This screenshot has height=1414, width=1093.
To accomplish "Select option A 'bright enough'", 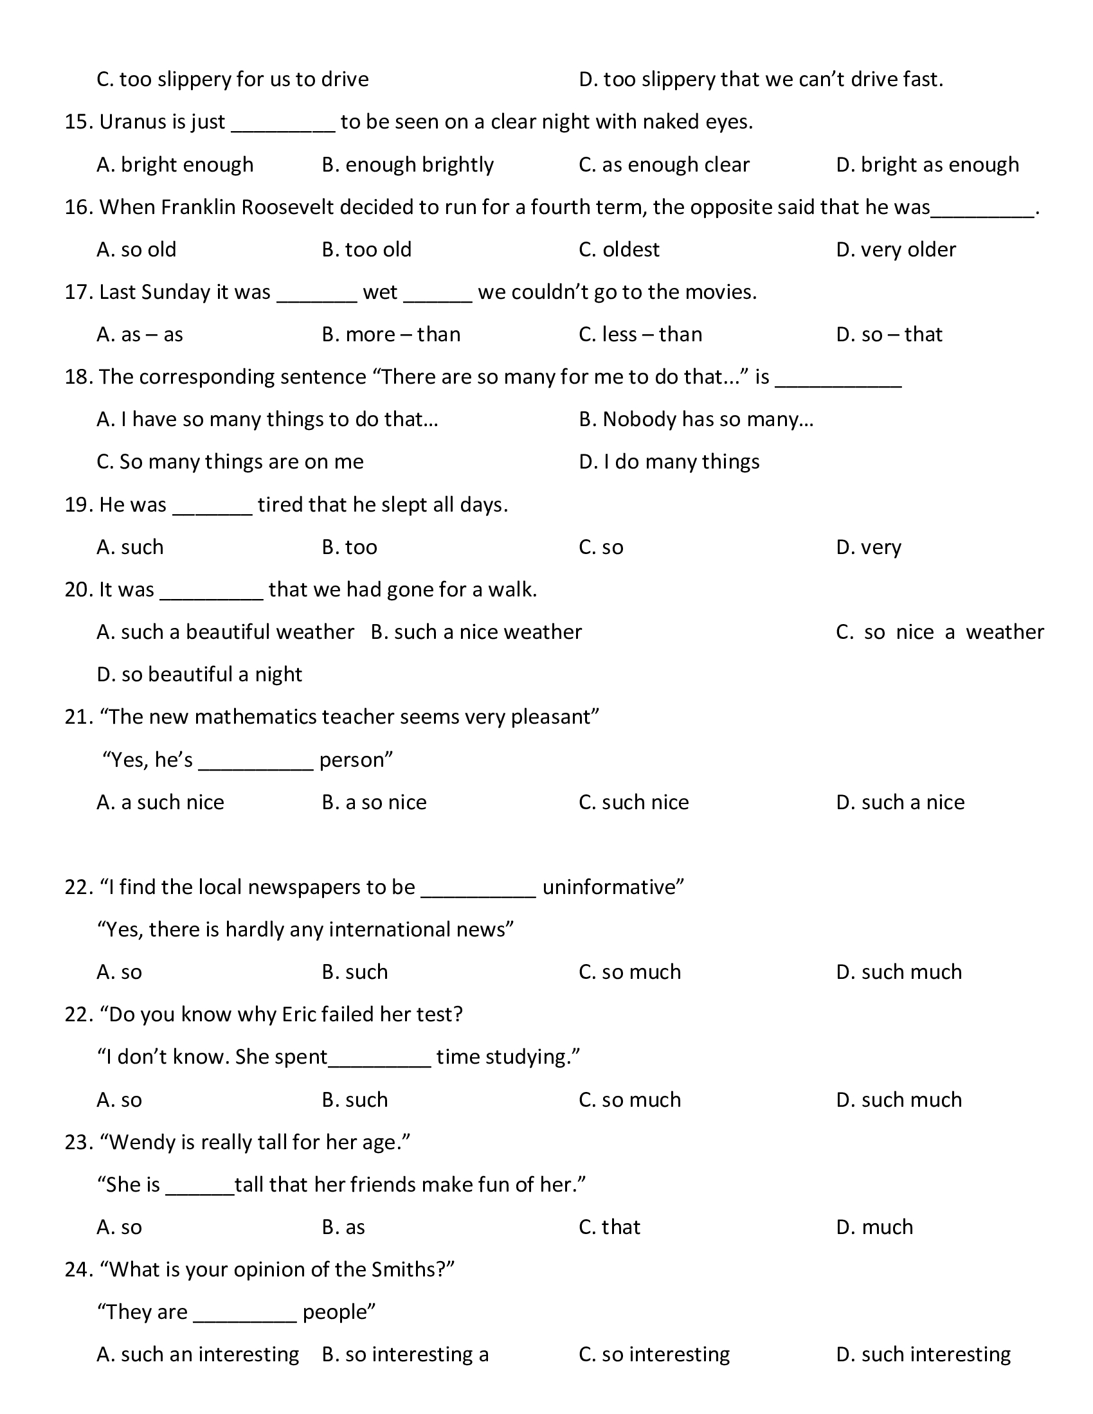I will [175, 165].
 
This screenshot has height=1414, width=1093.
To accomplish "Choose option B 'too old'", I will [366, 249].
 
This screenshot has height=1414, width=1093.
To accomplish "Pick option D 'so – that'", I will [889, 334].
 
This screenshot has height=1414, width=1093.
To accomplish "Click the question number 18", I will [78, 377].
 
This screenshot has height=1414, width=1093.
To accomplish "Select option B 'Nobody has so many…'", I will [696, 420].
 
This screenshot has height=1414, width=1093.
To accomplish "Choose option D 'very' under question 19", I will [869, 548].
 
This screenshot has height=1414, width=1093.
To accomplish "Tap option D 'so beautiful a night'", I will [199, 675].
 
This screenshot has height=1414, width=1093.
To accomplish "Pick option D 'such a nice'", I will [900, 802].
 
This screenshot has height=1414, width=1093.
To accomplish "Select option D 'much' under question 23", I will [874, 1227].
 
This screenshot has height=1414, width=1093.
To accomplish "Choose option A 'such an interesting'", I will [197, 1354].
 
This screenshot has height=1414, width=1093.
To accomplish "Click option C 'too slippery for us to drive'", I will [233, 79].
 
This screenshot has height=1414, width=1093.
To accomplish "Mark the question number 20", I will [78, 590].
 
